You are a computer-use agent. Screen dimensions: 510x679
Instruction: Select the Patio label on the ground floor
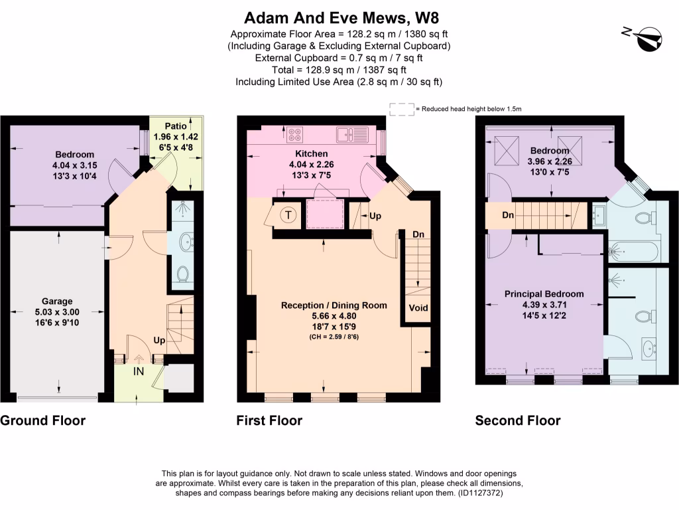(x=176, y=125)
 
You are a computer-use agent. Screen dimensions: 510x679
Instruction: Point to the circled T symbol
(x=288, y=214)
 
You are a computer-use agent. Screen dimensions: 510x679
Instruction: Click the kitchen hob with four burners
(x=294, y=135)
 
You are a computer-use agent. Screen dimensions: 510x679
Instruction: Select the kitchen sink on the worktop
(x=352, y=135)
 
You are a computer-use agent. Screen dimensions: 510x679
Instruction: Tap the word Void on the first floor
(x=418, y=307)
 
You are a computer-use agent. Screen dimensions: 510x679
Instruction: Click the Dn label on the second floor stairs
(x=507, y=216)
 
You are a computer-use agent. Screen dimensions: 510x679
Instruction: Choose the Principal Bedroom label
(x=544, y=294)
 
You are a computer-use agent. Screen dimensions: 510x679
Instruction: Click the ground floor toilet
(x=183, y=273)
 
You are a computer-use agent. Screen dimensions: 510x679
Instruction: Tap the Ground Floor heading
(x=42, y=420)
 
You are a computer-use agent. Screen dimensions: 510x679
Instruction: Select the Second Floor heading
(x=517, y=420)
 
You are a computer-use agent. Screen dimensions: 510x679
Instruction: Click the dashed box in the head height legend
(x=401, y=109)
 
